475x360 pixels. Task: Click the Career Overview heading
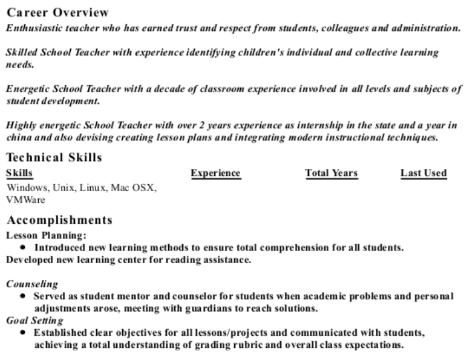click(x=57, y=13)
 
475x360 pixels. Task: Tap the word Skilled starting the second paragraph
click(x=20, y=53)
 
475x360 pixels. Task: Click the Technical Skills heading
click(x=54, y=158)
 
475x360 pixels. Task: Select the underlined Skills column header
click(x=19, y=174)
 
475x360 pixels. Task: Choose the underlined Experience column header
click(x=215, y=174)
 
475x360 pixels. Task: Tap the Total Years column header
click(x=331, y=174)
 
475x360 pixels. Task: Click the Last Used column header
click(x=424, y=174)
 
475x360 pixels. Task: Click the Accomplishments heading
click(x=59, y=220)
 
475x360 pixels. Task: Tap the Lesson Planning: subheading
click(x=46, y=235)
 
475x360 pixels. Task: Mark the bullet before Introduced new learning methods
click(x=22, y=247)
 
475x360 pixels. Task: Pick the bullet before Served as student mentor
click(x=22, y=296)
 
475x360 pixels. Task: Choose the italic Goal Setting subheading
click(x=34, y=320)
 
